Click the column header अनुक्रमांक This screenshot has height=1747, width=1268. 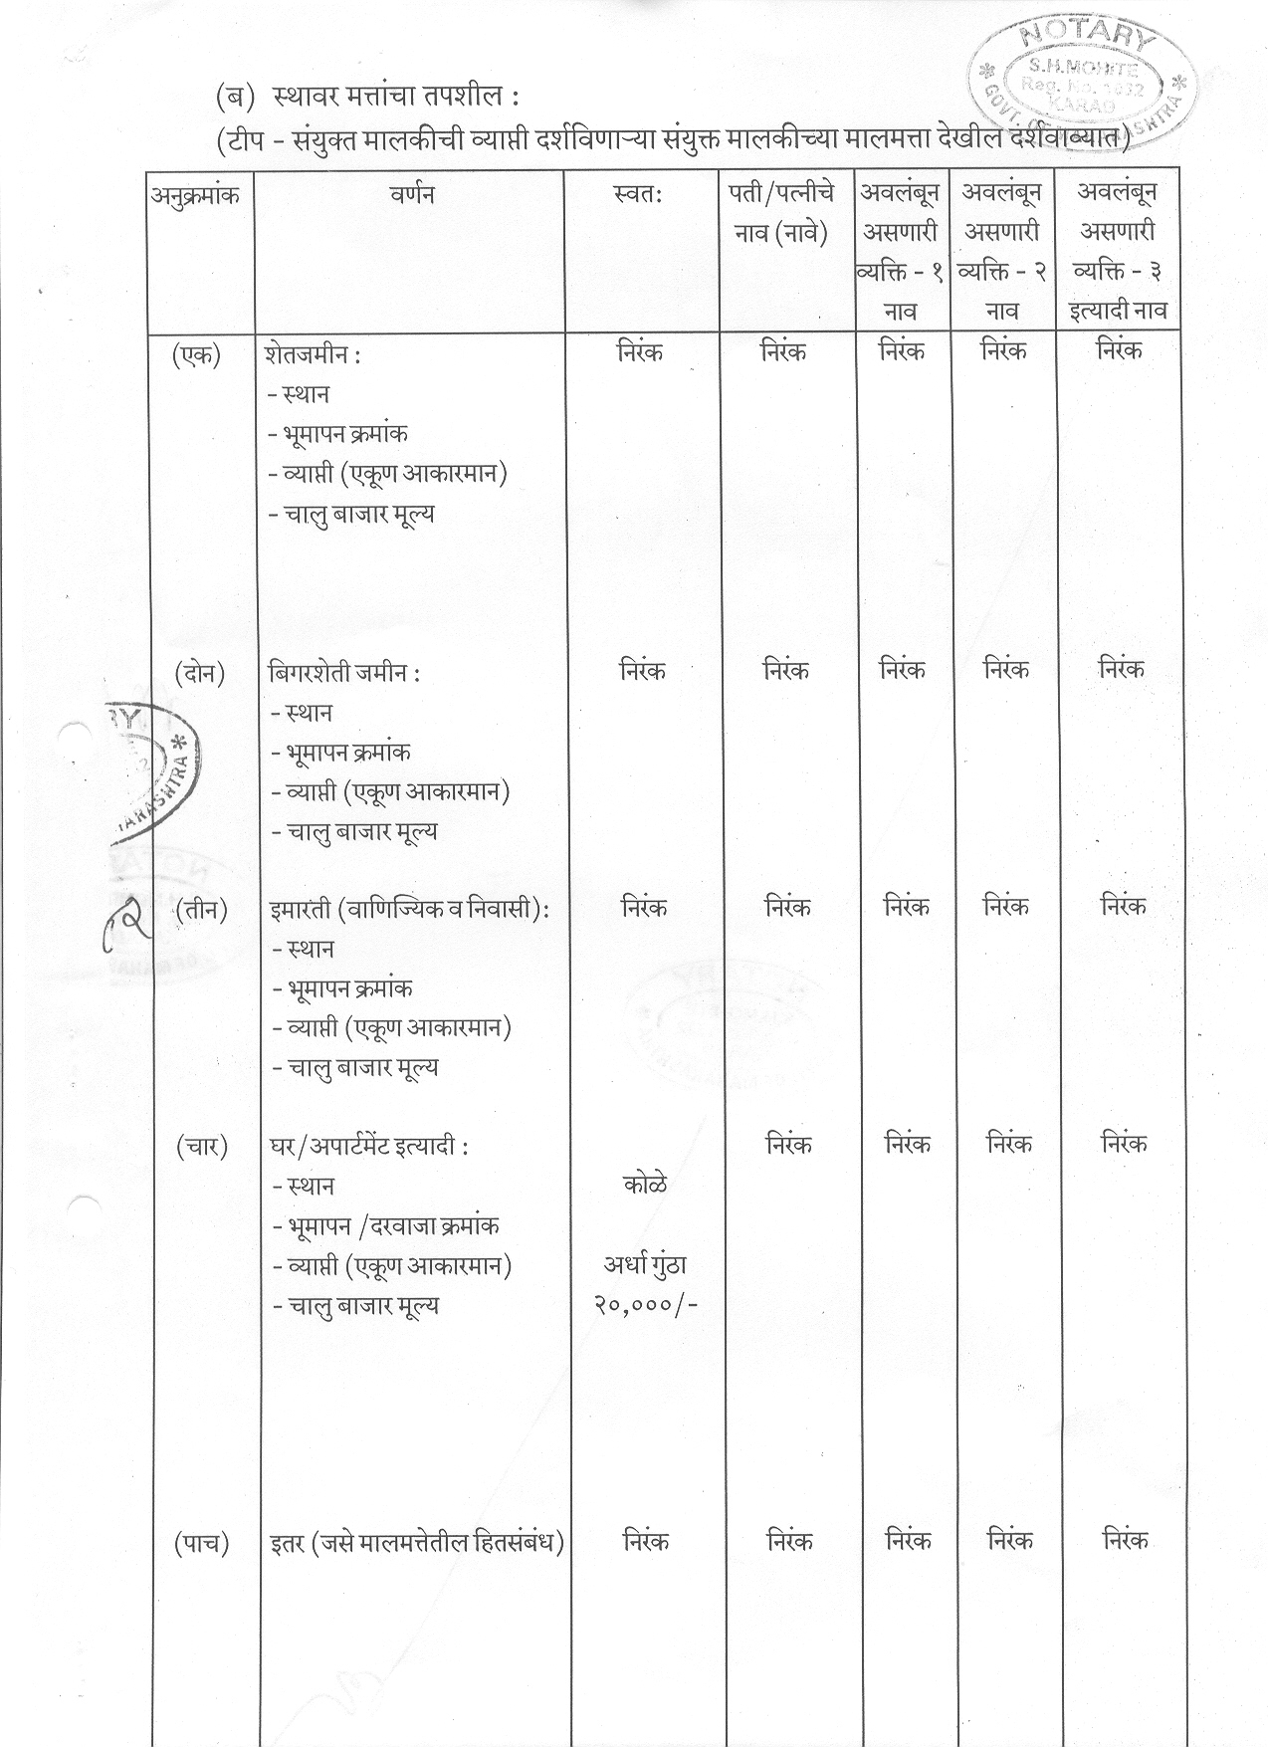coord(195,196)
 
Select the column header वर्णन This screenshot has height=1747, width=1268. coord(411,195)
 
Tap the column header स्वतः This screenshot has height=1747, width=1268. coord(639,195)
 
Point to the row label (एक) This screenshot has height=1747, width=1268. coord(196,354)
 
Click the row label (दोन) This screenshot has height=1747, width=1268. coord(199,673)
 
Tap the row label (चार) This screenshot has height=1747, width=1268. coord(202,1147)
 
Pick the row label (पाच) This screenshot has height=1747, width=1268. coord(202,1543)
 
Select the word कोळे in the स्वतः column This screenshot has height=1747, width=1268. coord(644,1185)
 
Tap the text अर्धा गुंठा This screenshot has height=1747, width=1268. coord(645,1265)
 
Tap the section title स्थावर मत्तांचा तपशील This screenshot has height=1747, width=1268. coord(394,99)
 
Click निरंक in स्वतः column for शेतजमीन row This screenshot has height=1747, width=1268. coord(640,353)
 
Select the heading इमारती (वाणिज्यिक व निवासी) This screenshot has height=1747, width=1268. coord(409,909)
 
